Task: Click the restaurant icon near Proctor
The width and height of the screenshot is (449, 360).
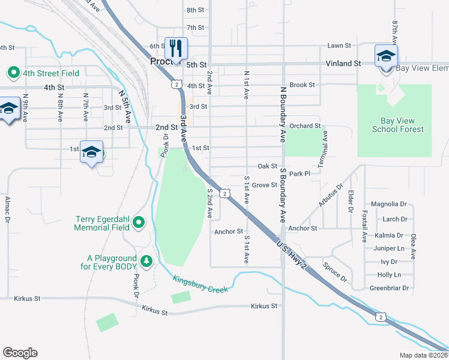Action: [176, 47]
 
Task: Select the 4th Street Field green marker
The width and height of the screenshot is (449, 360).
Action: [13, 73]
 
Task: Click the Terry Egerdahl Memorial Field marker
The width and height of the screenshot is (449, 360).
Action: [139, 223]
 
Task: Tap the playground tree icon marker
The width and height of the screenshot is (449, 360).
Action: [146, 261]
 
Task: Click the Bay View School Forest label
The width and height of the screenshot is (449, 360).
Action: [397, 125]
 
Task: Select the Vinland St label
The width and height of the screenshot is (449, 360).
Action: [343, 63]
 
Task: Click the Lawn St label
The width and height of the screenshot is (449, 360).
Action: [339, 46]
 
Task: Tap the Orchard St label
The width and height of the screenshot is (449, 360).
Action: [305, 127]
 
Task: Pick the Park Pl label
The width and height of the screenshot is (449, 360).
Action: [299, 173]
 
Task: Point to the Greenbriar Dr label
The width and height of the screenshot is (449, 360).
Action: [389, 288]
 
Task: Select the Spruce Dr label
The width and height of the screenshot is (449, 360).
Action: [335, 271]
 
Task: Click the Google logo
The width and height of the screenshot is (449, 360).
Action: [20, 353]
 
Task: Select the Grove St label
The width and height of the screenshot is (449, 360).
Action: [264, 185]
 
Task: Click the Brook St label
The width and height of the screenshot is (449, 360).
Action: [302, 85]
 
